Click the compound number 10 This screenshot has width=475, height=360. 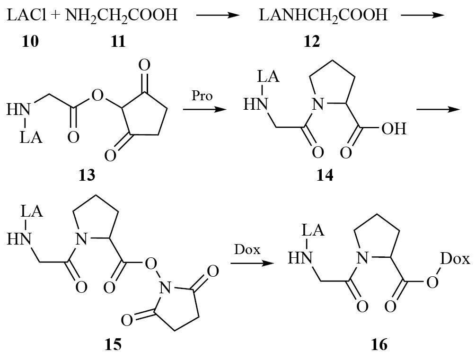tap(30, 41)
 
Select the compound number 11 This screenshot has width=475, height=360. tap(118, 41)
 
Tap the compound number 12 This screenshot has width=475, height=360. tap(312, 41)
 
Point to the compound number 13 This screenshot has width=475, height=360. tap(87, 175)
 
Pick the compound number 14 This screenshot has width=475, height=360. tap(325, 175)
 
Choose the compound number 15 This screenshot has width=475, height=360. tap(113, 344)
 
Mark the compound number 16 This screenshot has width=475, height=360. tap(379, 344)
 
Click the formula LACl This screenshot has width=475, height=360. tap(26, 15)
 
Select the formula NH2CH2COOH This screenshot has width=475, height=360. tap(121, 16)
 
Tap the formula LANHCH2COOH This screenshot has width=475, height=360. tap(323, 16)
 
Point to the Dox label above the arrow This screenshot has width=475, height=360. tap(247, 250)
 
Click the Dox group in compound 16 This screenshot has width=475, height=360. tap(455, 259)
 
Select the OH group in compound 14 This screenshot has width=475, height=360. tap(394, 129)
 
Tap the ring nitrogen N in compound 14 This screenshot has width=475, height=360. tap(318, 105)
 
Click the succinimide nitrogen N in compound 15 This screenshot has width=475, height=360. tap(165, 287)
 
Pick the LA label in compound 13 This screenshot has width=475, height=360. tap(31, 138)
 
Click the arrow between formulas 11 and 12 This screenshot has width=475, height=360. tap(218, 15)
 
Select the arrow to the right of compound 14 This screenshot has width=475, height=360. tap(439, 109)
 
